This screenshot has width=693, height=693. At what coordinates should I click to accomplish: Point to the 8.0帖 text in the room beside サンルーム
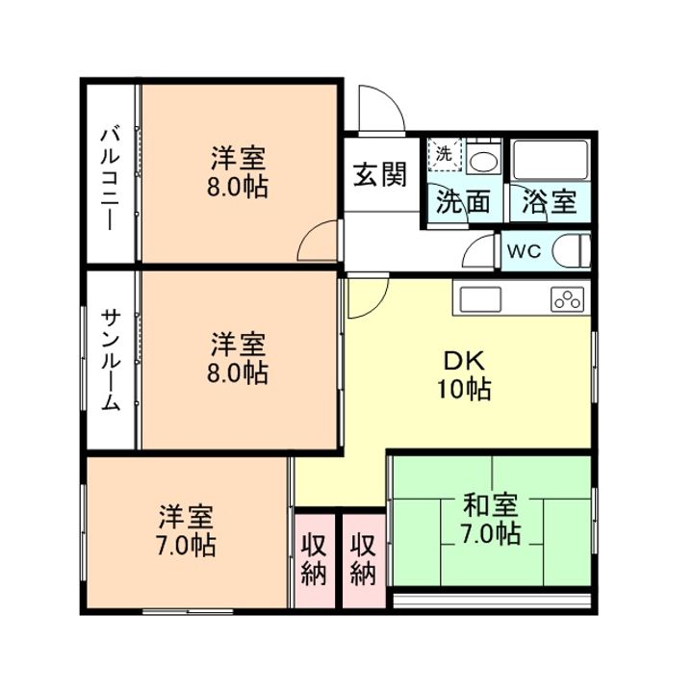coord(237,372)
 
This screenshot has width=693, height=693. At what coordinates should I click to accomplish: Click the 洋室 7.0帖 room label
coord(187,530)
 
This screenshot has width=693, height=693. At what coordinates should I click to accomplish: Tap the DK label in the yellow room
coord(466,362)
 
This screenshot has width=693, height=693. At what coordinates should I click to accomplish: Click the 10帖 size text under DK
coord(466,389)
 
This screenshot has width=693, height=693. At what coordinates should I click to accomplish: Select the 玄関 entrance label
coord(378,175)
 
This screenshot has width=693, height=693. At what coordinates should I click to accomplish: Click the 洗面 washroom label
coord(464,203)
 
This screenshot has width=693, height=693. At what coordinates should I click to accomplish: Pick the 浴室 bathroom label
coord(550,203)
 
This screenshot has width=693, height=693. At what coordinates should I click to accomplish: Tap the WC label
coord(526,251)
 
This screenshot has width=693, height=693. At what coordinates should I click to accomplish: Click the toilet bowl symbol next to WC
coord(573,250)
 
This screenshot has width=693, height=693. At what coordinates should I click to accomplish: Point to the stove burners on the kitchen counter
coord(567,299)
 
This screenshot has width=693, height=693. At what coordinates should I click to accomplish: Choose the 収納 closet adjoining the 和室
coord(363,559)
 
